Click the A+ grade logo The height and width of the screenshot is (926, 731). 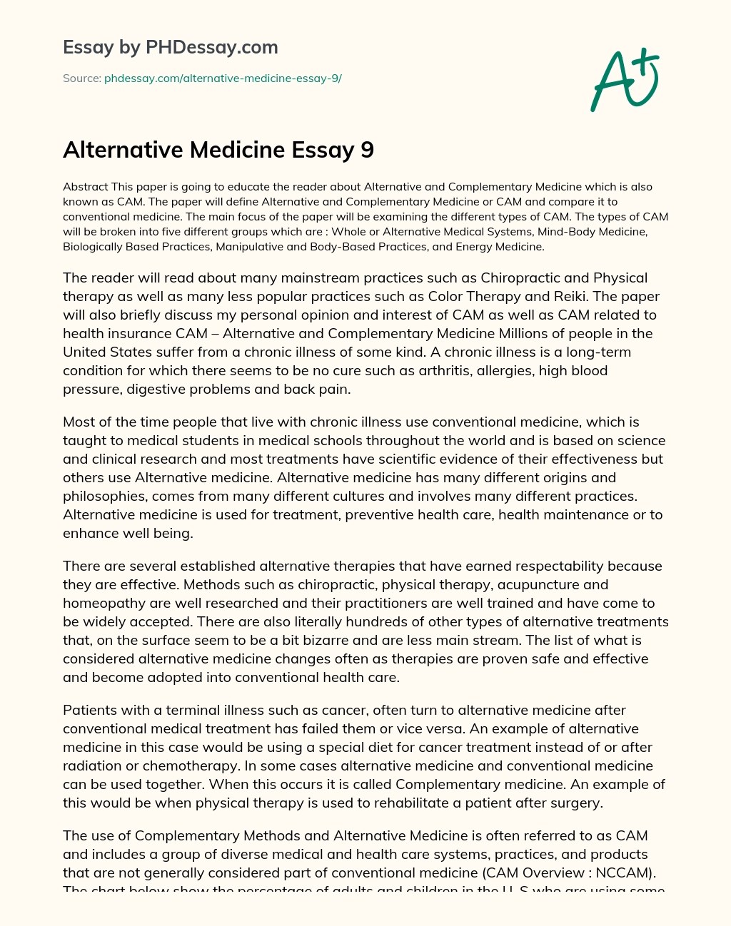pos(625,79)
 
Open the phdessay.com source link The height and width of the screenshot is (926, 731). pos(223,78)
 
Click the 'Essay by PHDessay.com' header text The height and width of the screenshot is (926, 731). pos(170,47)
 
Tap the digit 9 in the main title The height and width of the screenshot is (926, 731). pos(367,150)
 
